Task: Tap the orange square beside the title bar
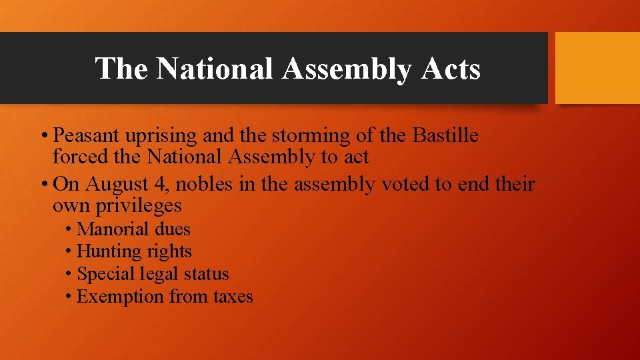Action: point(597,68)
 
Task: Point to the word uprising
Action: point(166,136)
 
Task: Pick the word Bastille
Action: point(445,136)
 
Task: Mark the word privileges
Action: point(138,205)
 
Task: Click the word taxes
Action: point(233,297)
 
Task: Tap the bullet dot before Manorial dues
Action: point(69,230)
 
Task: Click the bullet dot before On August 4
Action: point(43,184)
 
